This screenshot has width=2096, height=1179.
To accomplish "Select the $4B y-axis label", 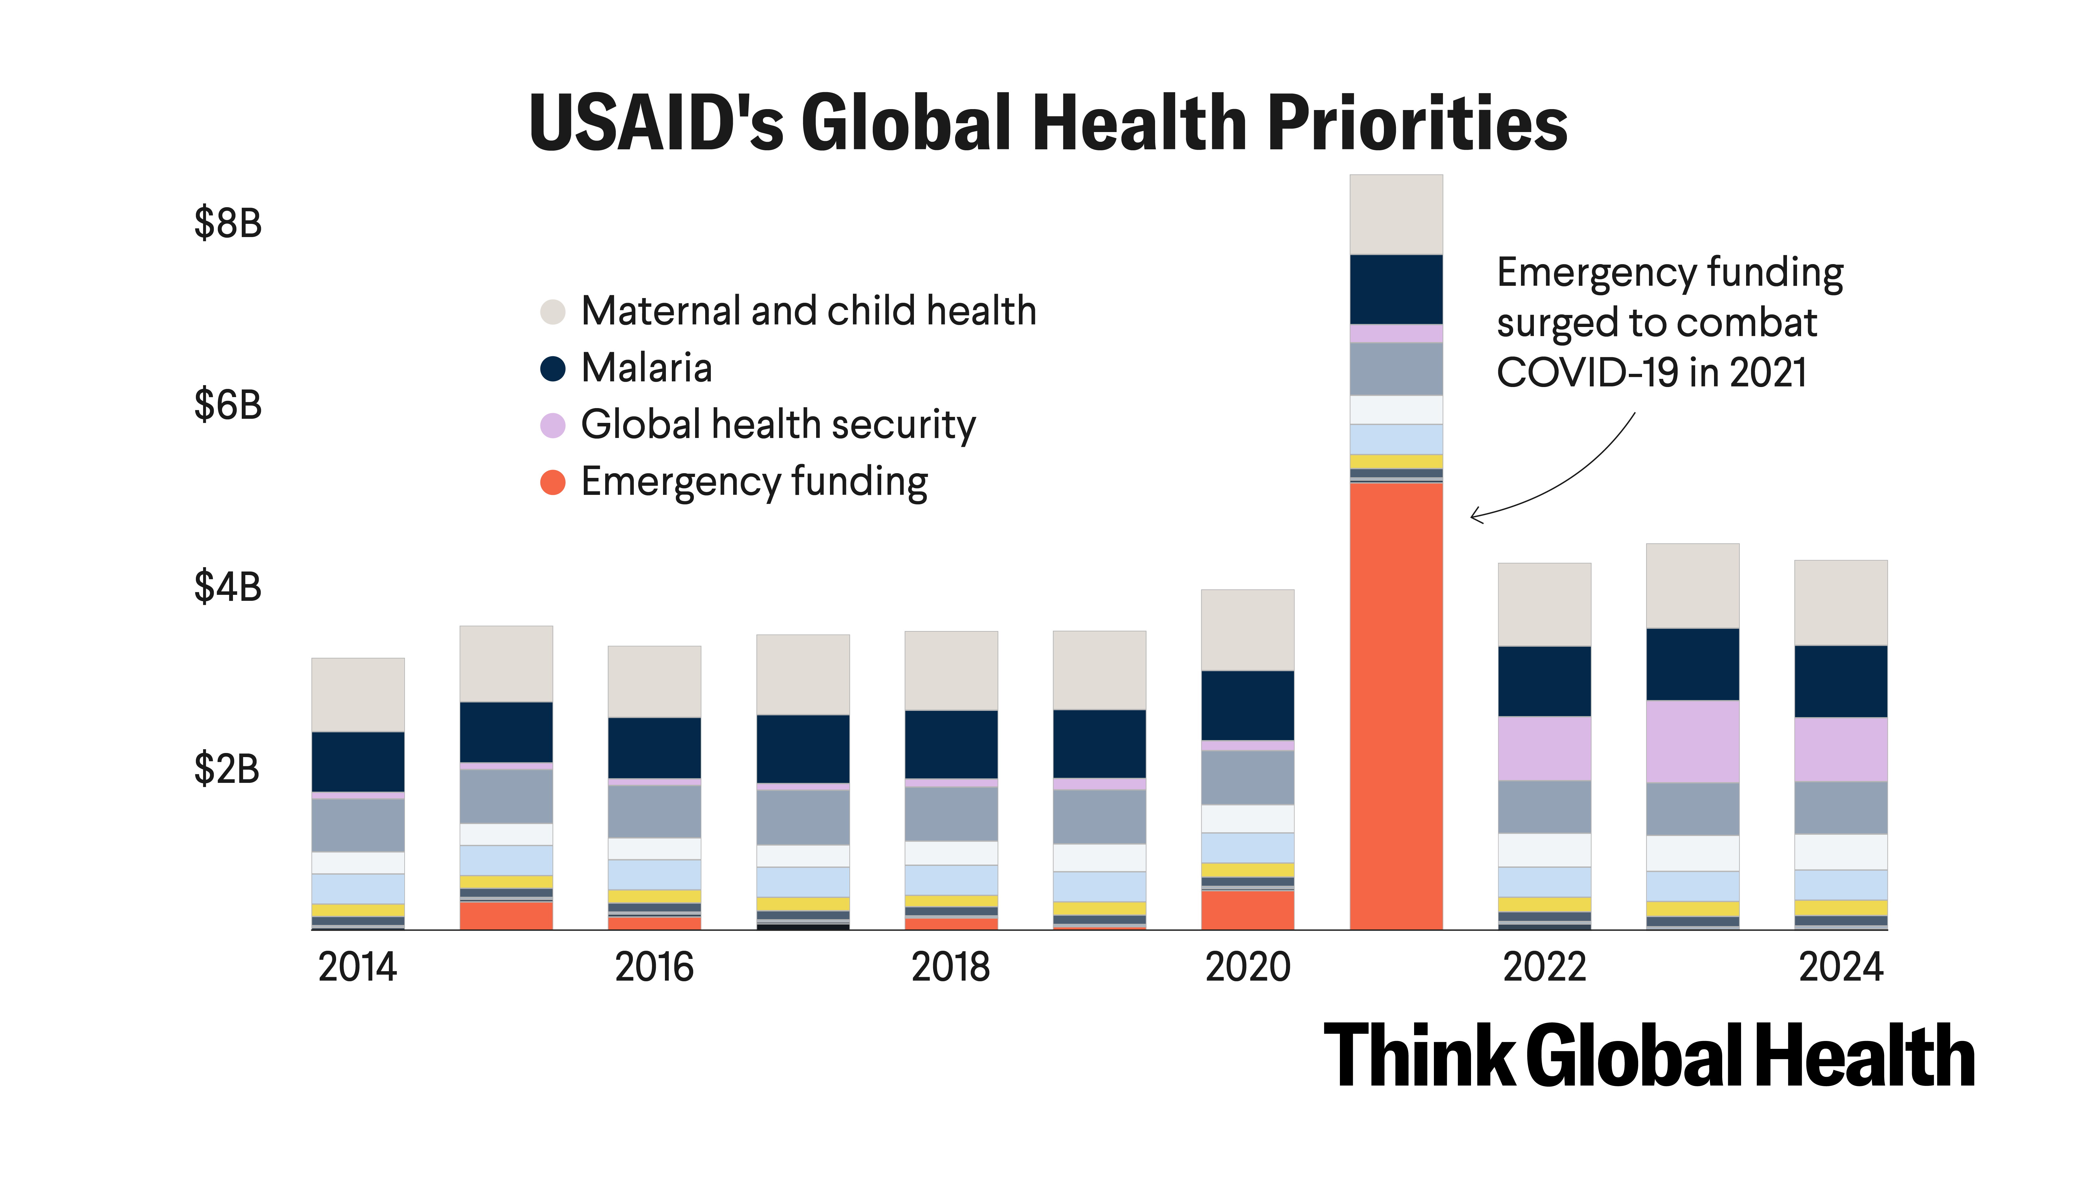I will (228, 587).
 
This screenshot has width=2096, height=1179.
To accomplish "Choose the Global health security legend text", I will (778, 425).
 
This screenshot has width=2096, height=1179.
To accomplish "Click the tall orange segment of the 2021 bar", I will (1396, 706).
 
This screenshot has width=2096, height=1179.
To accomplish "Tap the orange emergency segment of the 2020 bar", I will (1247, 910).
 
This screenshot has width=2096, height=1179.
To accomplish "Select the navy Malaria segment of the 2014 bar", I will (358, 761).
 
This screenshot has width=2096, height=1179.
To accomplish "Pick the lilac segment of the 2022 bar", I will (1544, 749).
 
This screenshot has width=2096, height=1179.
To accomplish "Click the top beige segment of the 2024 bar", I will (1840, 603).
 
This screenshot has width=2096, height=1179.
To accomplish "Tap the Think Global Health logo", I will (1649, 1056).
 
